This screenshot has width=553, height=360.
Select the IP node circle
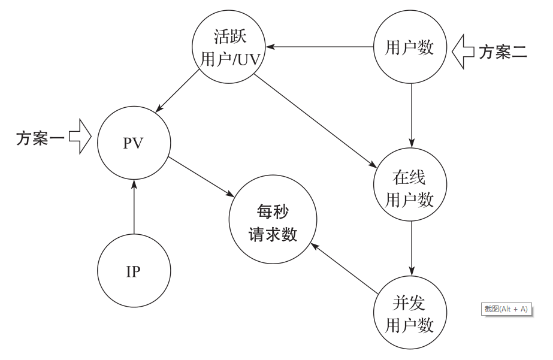[133, 271]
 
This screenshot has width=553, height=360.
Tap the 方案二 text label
[503, 52]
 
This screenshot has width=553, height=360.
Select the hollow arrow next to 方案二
[463, 52]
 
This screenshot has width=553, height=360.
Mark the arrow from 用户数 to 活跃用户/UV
[320, 46]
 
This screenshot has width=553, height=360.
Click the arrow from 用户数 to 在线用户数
[411, 114]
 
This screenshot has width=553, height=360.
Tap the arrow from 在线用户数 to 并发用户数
[411, 246]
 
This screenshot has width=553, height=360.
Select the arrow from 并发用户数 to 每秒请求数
[344, 267]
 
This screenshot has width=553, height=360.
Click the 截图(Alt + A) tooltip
[506, 309]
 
